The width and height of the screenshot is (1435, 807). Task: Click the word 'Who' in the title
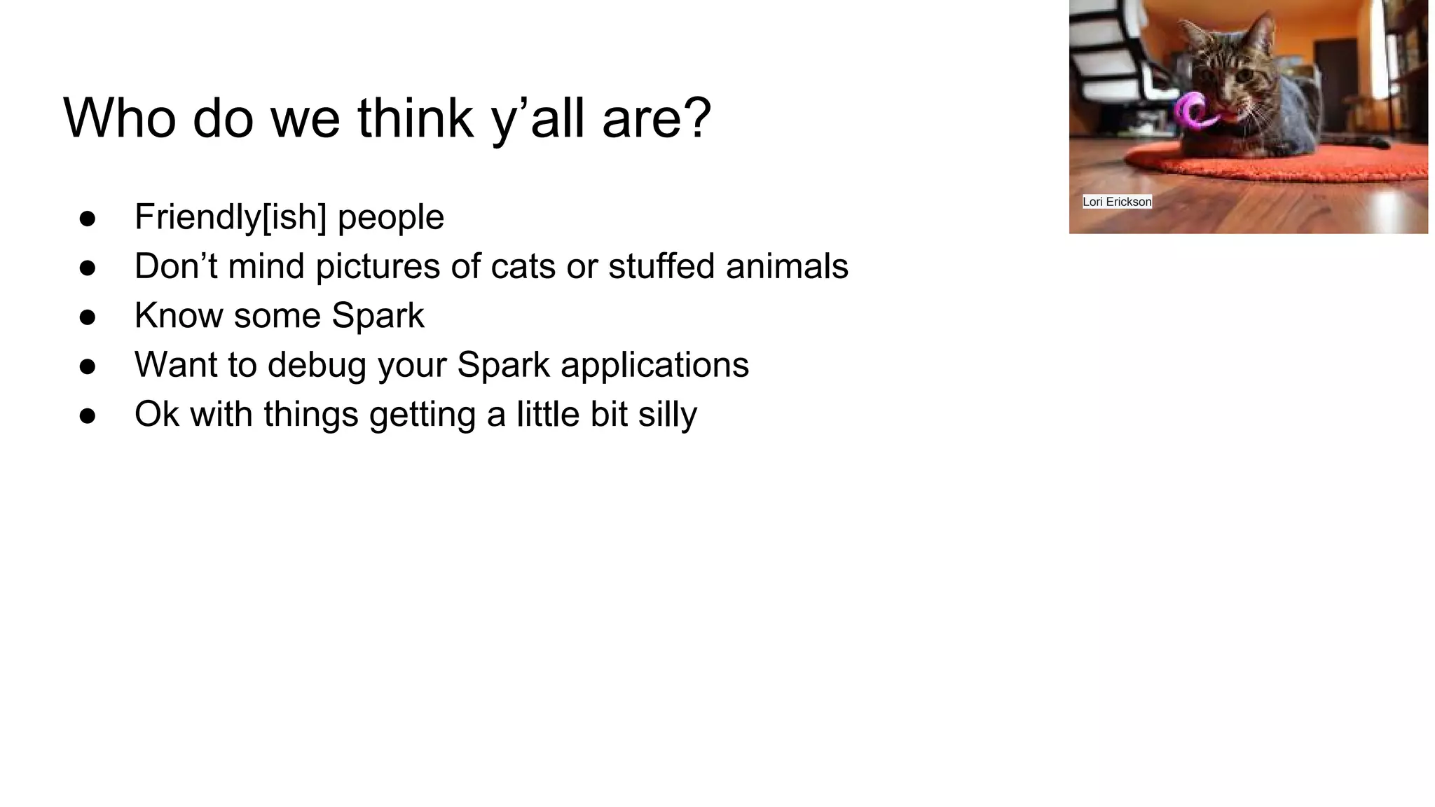(x=119, y=118)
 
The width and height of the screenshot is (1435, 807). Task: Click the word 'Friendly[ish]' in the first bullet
(x=231, y=217)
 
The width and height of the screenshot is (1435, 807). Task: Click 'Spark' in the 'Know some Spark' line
(x=378, y=316)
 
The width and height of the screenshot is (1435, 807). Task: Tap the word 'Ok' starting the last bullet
(x=154, y=415)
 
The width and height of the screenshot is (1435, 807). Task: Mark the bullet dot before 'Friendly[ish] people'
(x=88, y=219)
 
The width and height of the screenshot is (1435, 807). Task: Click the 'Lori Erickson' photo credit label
(x=1117, y=202)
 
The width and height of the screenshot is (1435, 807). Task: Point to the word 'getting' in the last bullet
(x=422, y=415)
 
